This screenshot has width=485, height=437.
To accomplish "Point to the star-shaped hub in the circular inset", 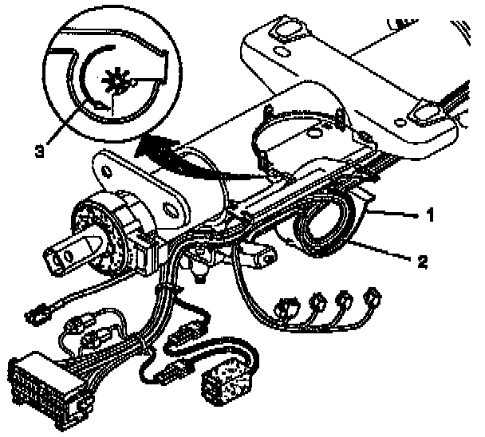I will (113, 79).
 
